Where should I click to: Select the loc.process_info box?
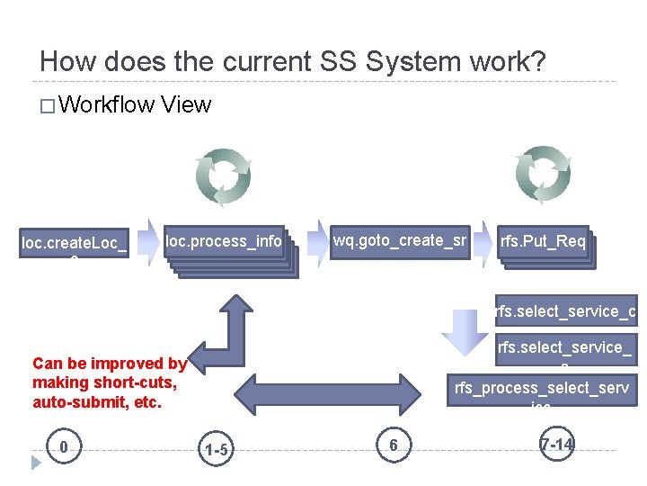pyautogui.click(x=224, y=242)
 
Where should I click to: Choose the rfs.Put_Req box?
pyautogui.click(x=543, y=242)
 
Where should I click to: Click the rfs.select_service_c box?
pyautogui.click(x=566, y=311)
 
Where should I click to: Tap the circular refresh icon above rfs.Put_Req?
pyautogui.click(x=545, y=172)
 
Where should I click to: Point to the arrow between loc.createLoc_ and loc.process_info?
pyautogui.click(x=146, y=242)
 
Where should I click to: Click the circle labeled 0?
pyautogui.click(x=62, y=446)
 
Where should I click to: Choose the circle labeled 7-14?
pyautogui.click(x=557, y=445)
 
